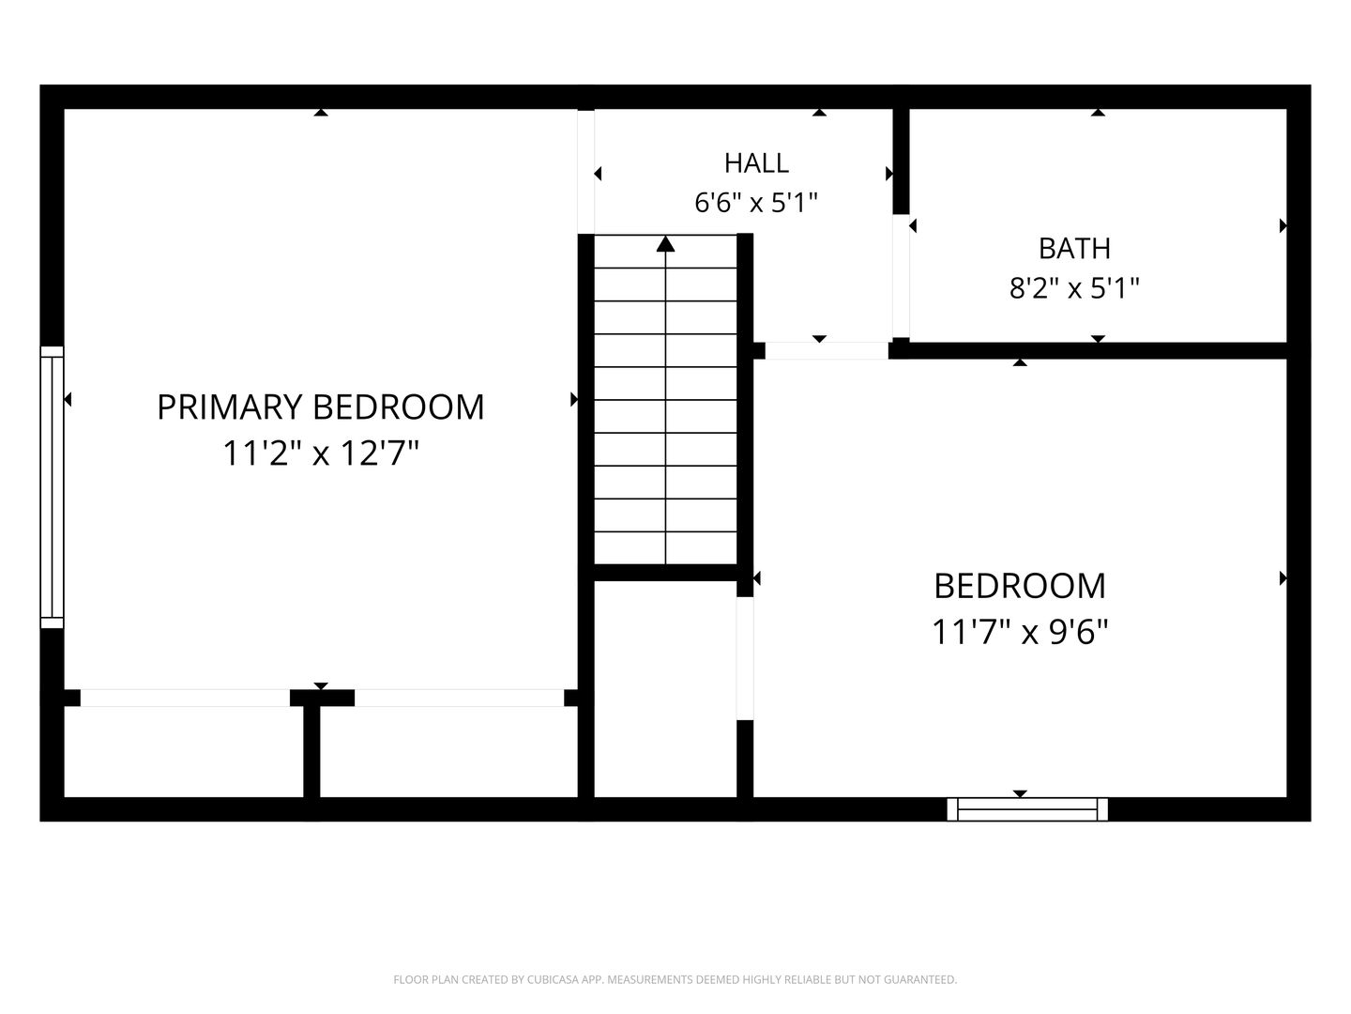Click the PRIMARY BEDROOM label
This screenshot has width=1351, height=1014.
click(x=321, y=407)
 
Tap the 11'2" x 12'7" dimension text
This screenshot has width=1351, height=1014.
click(x=321, y=453)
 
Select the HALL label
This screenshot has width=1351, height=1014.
click(x=756, y=163)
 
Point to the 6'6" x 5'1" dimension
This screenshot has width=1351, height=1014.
click(x=756, y=203)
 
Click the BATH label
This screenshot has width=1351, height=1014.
click(x=1074, y=249)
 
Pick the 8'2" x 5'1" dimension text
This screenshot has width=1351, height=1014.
click(x=1074, y=287)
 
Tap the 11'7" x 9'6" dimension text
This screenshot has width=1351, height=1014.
click(x=1020, y=632)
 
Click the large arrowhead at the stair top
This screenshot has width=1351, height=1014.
click(x=665, y=244)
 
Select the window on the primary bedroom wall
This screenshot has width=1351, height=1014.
click(x=52, y=487)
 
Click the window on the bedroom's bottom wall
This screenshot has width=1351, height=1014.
click(x=1027, y=809)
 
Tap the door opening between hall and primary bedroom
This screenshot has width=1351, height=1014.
click(x=586, y=172)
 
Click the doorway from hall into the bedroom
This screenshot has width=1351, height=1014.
click(x=827, y=351)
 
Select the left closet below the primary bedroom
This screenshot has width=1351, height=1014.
click(x=184, y=751)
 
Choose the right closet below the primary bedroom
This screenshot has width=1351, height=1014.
click(x=448, y=751)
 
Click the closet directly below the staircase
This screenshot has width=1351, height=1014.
click(x=665, y=689)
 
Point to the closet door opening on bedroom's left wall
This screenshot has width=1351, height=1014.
click(x=745, y=658)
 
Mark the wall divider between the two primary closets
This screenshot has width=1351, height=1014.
click(x=312, y=751)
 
